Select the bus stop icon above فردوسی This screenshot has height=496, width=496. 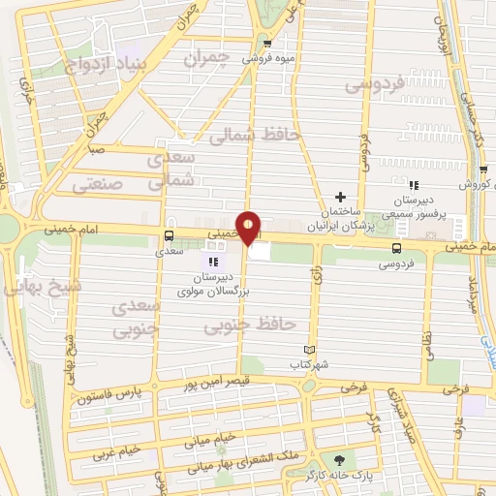point(395,249)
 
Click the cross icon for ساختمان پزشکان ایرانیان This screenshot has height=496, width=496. point(340,198)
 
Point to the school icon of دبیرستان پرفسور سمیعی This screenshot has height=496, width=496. point(414,185)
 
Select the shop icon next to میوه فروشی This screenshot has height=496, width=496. point(268,43)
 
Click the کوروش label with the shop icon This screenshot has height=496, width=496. point(476,183)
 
